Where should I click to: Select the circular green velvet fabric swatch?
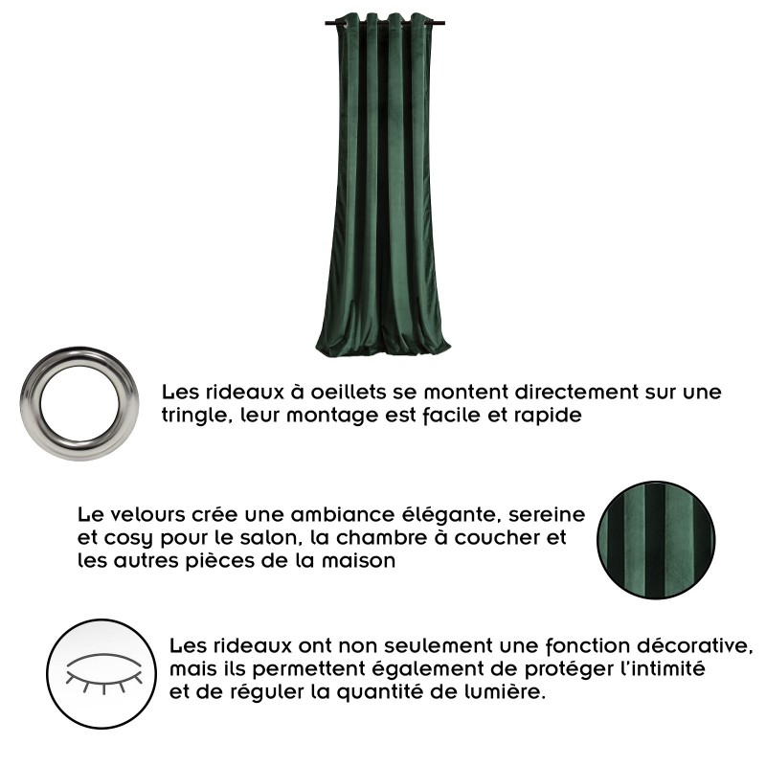pyautogui.click(x=656, y=540)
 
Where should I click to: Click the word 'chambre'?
pyautogui.click(x=381, y=538)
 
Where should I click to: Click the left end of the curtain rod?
pyautogui.click(x=326, y=23)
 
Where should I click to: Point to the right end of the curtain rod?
pyautogui.click(x=444, y=23)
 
